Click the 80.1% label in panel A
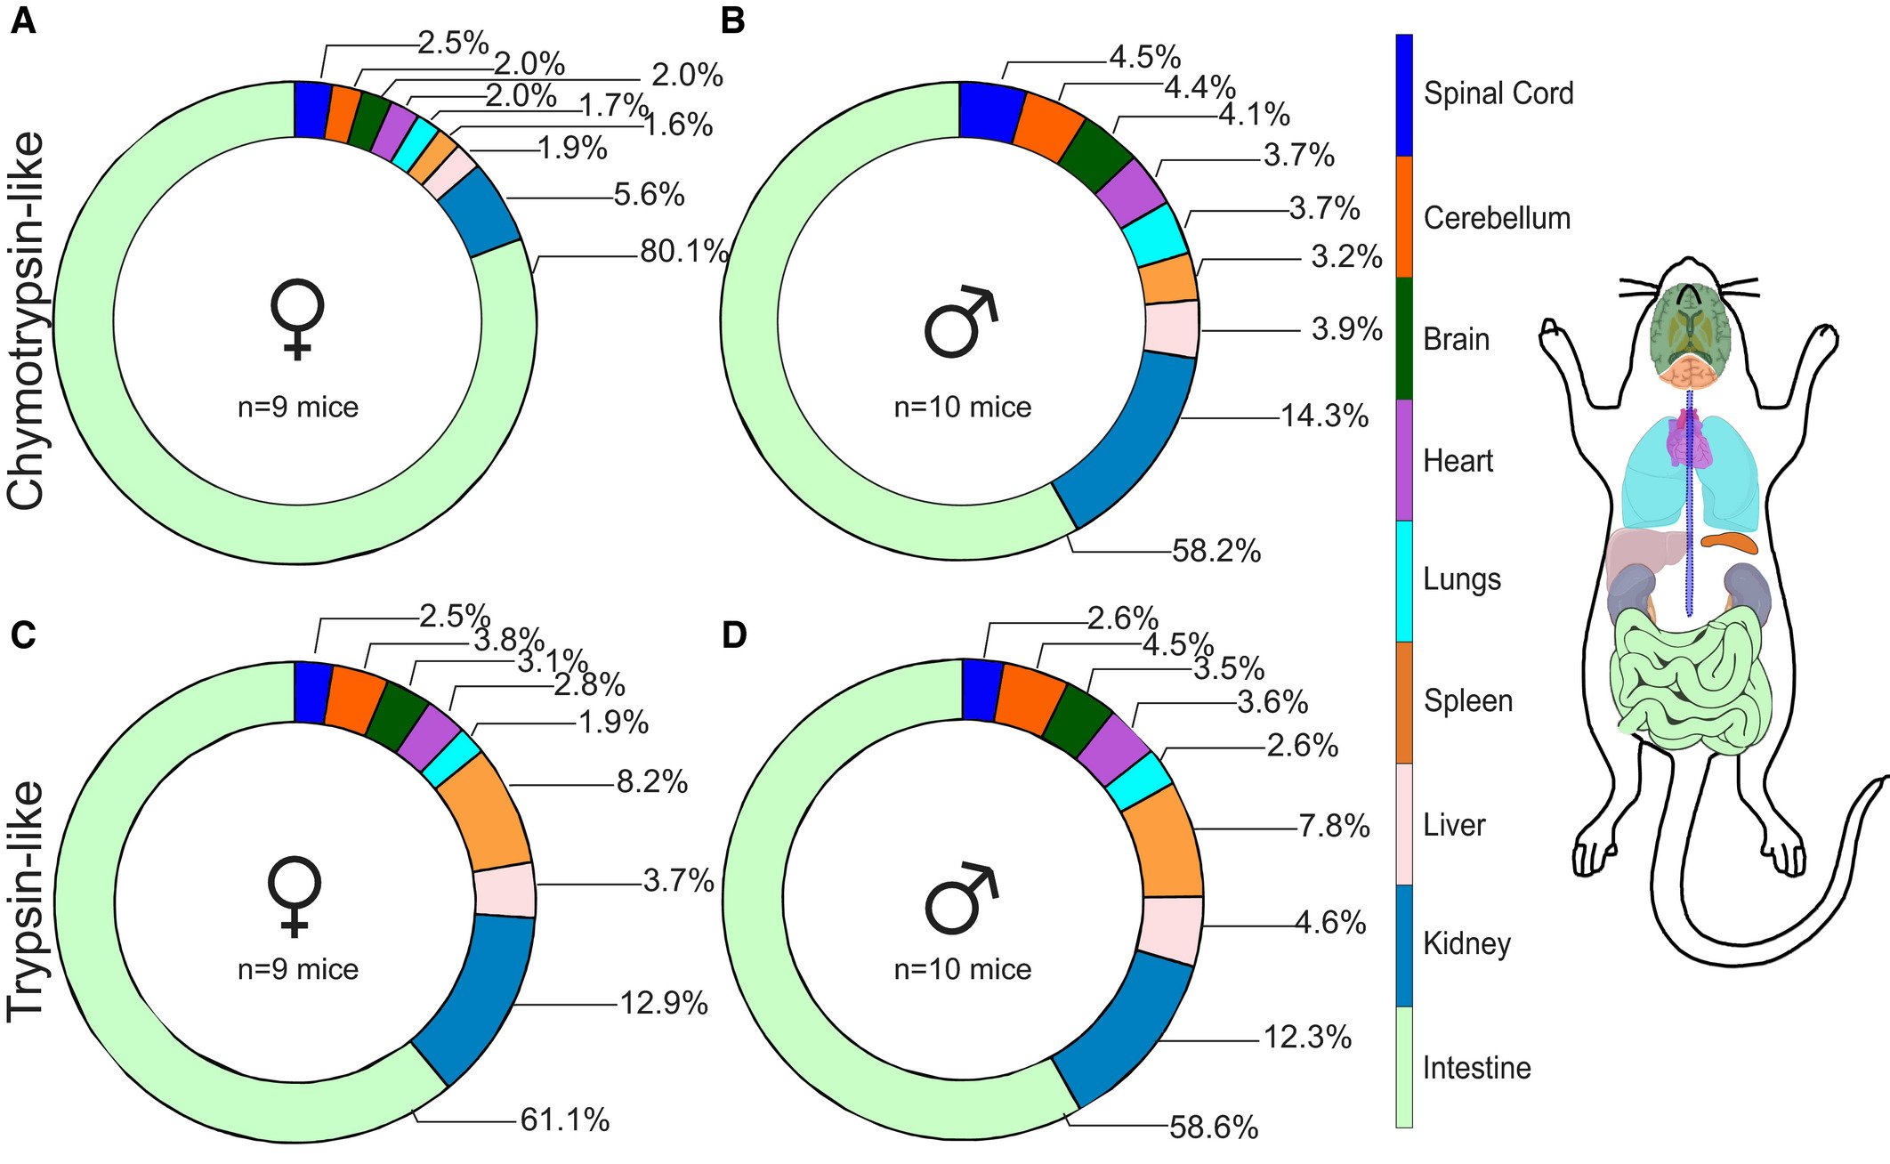[683, 252]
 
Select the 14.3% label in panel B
[1324, 416]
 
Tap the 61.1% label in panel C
[565, 1120]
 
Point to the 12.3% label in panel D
[1307, 1037]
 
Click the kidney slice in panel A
[479, 212]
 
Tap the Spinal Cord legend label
[1498, 93]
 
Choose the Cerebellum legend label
[1497, 218]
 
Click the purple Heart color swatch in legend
[1404, 460]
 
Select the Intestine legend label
[1477, 1067]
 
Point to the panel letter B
[732, 20]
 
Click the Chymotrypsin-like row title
[27, 320]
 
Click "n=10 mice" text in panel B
[962, 408]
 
